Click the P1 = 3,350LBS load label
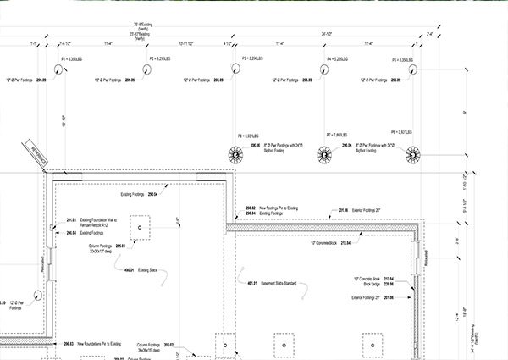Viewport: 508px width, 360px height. click(x=70, y=59)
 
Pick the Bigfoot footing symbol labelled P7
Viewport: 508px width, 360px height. click(x=323, y=156)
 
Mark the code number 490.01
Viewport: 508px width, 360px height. click(x=129, y=269)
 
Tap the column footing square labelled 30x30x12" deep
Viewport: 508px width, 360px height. click(x=140, y=228)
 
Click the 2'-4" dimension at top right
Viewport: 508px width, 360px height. click(x=430, y=35)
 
